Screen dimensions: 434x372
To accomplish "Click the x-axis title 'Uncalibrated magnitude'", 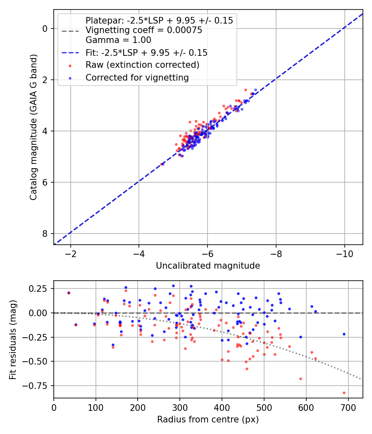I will (208, 266).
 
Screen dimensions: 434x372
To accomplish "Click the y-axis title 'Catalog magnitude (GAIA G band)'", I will (33, 127).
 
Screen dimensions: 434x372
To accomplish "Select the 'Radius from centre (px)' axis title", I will (208, 419).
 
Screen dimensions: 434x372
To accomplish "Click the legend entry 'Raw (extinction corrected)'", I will (142, 65).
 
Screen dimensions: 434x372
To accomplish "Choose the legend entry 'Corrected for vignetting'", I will (137, 77).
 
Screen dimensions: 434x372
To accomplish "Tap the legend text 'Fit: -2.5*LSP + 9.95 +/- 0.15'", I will (146, 52).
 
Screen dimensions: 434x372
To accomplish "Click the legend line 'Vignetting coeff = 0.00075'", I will (143, 30).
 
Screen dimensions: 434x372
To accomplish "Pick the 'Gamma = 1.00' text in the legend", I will (118, 40).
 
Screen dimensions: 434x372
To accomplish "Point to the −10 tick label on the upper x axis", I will (344, 253).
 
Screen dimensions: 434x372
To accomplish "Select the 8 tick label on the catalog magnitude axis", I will (45, 234).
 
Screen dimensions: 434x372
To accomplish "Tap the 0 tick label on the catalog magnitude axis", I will (45, 29).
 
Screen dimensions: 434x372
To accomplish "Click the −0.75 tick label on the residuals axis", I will (38, 386).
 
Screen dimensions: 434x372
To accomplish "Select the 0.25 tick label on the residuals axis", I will (39, 289).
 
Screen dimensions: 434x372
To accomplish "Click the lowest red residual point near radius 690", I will (344, 393).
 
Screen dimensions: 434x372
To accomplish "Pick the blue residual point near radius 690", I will (344, 334).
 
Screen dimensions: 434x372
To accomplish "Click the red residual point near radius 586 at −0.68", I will (300, 379).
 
